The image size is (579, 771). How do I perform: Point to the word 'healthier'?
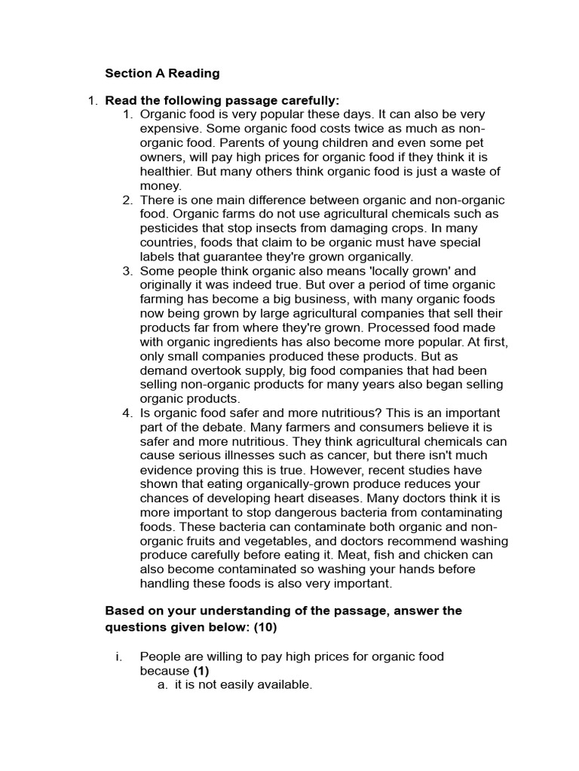pyautogui.click(x=166, y=172)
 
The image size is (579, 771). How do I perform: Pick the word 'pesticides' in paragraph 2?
pyautogui.click(x=170, y=228)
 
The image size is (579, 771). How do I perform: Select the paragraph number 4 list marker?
pyautogui.click(x=127, y=413)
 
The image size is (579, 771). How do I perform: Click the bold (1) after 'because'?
pyautogui.click(x=200, y=671)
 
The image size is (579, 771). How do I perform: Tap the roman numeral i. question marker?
pyautogui.click(x=118, y=657)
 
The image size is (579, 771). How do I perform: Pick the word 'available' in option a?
pyautogui.click(x=284, y=685)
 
